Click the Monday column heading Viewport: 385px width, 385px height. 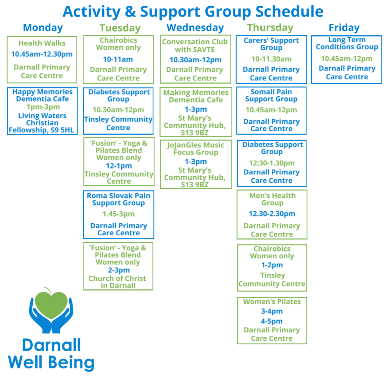click(43, 27)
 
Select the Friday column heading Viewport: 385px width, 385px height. click(344, 27)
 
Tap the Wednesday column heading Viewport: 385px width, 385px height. click(195, 27)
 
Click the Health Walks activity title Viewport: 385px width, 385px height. click(42, 43)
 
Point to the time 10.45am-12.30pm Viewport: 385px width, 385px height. click(42, 54)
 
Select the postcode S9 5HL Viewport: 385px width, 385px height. click(62, 130)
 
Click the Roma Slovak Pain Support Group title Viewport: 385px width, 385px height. click(118, 199)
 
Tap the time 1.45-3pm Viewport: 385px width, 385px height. click(118, 214)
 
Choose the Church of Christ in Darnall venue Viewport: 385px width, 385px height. click(118, 282)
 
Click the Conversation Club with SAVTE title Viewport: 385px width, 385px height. click(195, 45)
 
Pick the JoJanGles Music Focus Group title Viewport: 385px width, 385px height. click(196, 149)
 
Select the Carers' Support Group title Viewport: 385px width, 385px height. click(271, 44)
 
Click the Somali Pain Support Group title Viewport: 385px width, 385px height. click(271, 95)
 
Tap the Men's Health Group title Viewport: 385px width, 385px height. click(272, 199)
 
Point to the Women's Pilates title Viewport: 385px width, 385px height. click(272, 302)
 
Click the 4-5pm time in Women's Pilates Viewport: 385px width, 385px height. click(271, 321)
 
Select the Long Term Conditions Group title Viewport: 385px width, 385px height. click(347, 43)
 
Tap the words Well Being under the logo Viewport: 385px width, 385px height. click(51, 363)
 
